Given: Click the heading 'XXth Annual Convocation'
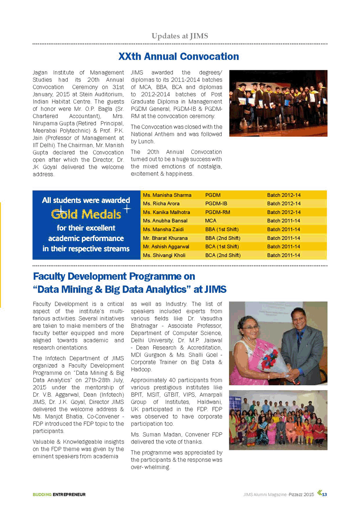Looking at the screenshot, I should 179,57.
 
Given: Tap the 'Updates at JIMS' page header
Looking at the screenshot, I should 180,36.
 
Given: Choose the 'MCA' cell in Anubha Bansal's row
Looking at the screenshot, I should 210,221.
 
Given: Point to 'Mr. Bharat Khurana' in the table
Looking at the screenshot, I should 165,238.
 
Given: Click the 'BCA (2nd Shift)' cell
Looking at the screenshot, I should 223,255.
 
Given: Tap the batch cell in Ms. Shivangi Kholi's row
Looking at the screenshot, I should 283,255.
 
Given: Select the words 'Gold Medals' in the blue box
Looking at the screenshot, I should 86,214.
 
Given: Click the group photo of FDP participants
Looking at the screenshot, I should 278,420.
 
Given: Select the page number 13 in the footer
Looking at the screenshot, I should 325,494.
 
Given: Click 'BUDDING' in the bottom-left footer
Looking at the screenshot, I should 42,495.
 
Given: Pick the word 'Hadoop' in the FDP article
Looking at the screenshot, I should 141,369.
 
